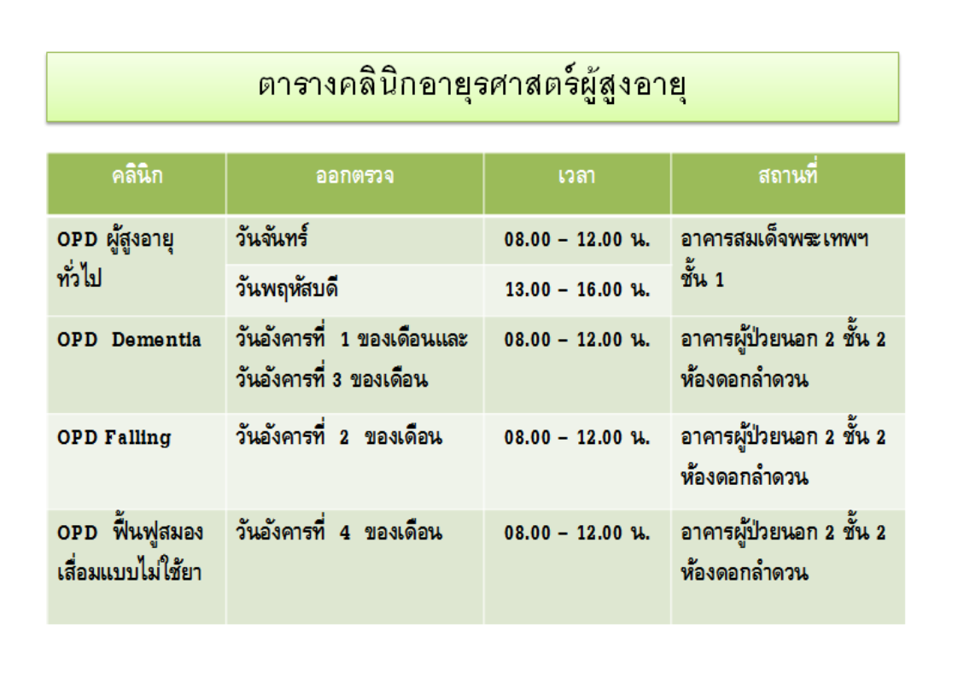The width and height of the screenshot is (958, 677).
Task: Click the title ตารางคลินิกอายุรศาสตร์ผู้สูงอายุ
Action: pos(471,86)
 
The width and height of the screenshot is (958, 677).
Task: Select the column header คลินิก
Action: pos(137,176)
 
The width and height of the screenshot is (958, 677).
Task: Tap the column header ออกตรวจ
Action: pos(354,176)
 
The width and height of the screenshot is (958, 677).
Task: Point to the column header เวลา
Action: pos(576,176)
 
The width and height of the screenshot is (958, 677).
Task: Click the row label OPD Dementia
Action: pos(129,340)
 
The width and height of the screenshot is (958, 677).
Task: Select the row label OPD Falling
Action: pos(114,438)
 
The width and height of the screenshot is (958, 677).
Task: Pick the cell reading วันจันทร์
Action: pos(272,236)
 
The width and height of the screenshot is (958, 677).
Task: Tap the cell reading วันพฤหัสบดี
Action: pos(287,288)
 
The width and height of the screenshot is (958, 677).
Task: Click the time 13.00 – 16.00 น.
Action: pos(577,289)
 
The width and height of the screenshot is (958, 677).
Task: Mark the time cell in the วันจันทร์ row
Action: pos(577,239)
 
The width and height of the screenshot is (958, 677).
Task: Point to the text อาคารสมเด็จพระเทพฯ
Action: pos(774,237)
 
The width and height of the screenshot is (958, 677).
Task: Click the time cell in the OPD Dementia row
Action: pos(577,339)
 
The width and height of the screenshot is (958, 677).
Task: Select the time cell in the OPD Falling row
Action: pos(577,437)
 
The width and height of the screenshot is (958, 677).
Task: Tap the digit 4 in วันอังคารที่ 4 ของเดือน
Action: pos(345,533)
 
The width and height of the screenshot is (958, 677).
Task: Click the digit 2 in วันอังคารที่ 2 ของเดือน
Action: pos(344,437)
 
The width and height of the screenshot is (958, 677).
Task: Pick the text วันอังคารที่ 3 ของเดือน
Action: pos(332,378)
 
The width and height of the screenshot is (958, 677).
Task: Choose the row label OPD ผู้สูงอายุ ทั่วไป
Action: pos(115,258)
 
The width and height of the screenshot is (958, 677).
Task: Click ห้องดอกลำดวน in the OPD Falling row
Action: pos(745,476)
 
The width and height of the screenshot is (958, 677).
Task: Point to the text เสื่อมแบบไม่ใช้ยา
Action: pos(130,572)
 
